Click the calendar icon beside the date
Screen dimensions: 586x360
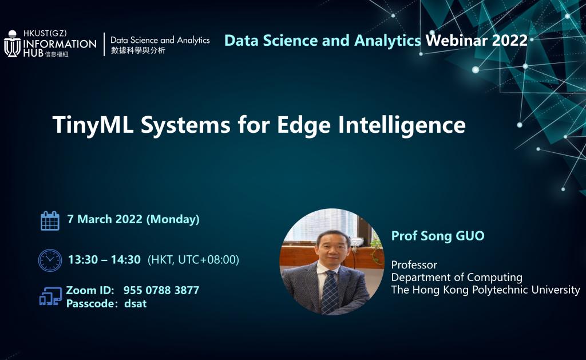(50, 220)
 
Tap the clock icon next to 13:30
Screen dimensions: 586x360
(50, 260)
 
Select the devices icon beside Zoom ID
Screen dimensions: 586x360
(51, 296)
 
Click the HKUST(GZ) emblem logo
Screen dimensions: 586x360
(13, 43)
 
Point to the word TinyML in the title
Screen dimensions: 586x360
(93, 125)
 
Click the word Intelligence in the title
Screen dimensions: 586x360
(402, 125)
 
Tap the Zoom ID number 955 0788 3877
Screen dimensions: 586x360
(161, 290)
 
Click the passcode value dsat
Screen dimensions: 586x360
(135, 303)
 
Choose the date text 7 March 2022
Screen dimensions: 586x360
(105, 219)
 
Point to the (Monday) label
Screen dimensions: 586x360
(173, 219)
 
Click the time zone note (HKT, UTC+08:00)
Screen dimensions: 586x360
(193, 260)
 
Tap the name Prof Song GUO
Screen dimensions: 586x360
(438, 236)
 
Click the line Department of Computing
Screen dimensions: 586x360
(457, 278)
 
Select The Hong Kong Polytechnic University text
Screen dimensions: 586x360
(485, 290)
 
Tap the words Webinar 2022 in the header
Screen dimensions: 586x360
(477, 41)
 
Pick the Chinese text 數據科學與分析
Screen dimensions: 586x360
(138, 50)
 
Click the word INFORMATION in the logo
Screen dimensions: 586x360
(60, 43)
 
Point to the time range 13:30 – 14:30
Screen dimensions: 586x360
(104, 260)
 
